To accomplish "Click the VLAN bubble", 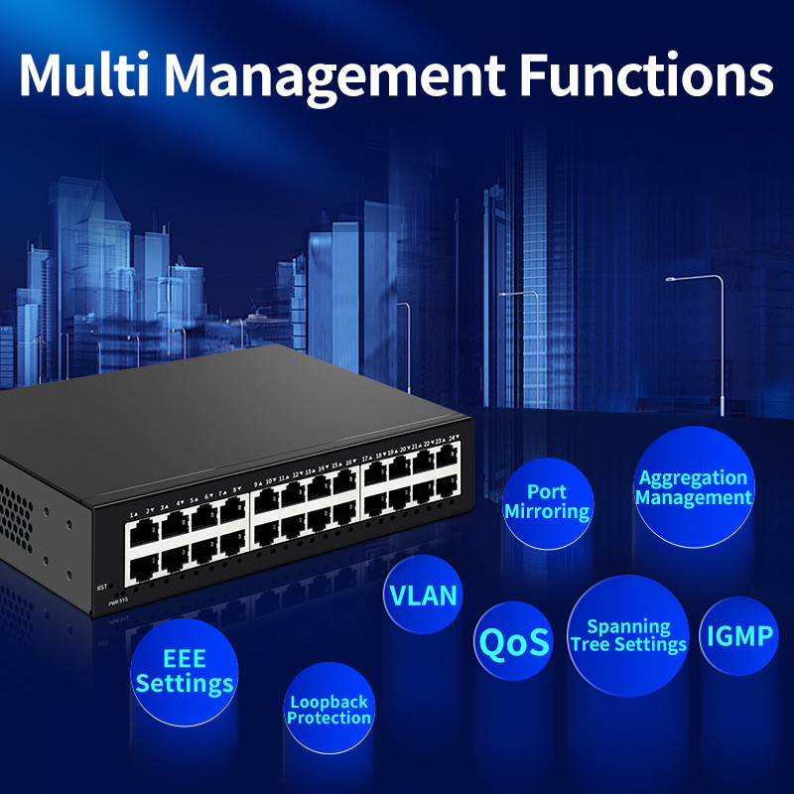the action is pyautogui.click(x=424, y=595).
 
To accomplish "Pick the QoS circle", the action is pyautogui.click(x=513, y=642).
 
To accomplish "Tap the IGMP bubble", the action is pyautogui.click(x=739, y=635).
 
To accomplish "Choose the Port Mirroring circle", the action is pyautogui.click(x=547, y=502).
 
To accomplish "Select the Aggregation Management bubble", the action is pyautogui.click(x=694, y=488).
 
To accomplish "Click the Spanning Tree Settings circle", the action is pyautogui.click(x=628, y=635).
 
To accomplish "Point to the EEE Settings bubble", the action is pyautogui.click(x=185, y=671).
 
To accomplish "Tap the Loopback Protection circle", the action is pyautogui.click(x=329, y=709).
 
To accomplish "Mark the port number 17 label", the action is pyautogui.click(x=366, y=460).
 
